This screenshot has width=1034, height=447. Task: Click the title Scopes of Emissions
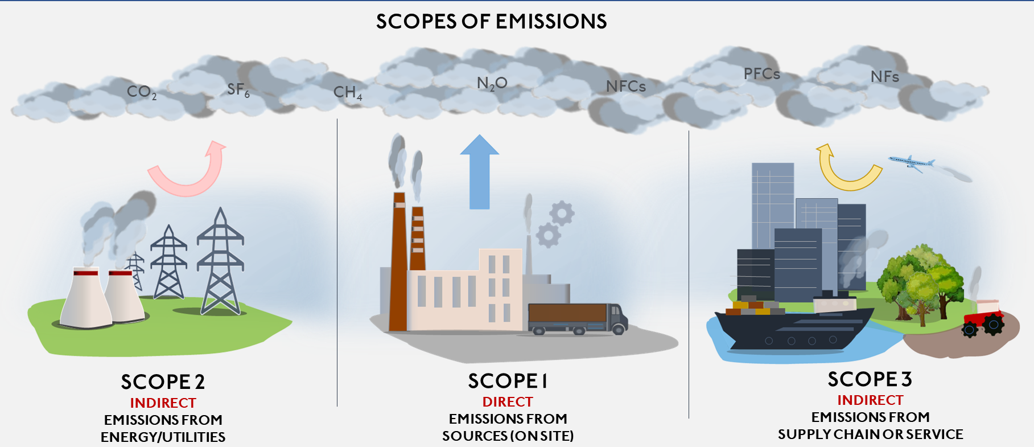491,22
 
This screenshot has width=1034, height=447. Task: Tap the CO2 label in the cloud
141,92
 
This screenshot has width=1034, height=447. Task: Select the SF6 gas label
238,89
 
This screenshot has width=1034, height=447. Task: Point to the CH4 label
347,92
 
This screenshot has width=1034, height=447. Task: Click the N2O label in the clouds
492,84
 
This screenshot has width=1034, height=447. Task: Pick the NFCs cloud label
625,87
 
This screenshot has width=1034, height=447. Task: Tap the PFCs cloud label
761,74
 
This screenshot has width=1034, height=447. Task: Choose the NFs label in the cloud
884,77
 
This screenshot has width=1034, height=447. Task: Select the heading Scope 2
163,382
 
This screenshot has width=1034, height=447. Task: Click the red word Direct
508,402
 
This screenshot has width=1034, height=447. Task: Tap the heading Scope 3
870,379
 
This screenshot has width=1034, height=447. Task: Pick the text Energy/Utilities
163,437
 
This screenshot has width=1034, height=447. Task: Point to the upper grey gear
562,213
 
